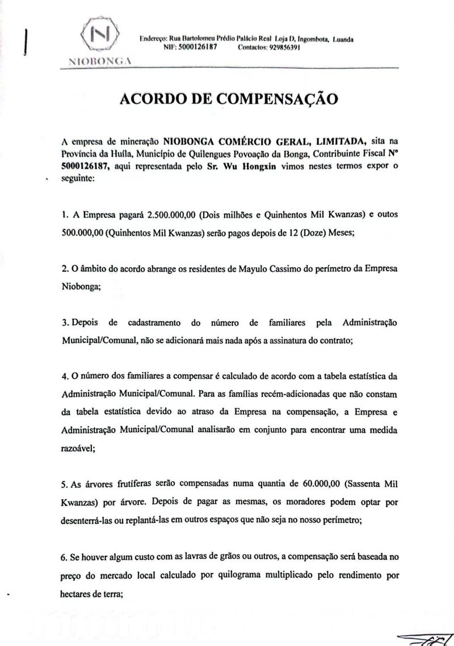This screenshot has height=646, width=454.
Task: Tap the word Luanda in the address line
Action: [x=344, y=39]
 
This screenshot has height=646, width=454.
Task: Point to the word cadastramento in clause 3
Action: [x=152, y=323]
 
